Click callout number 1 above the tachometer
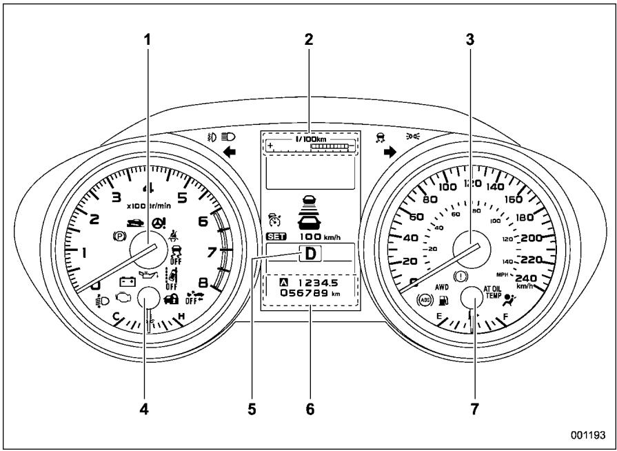coord(147,40)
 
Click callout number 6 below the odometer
coord(310,410)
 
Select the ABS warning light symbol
coord(425,301)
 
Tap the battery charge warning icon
coord(127,281)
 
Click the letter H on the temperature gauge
coord(181,317)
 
